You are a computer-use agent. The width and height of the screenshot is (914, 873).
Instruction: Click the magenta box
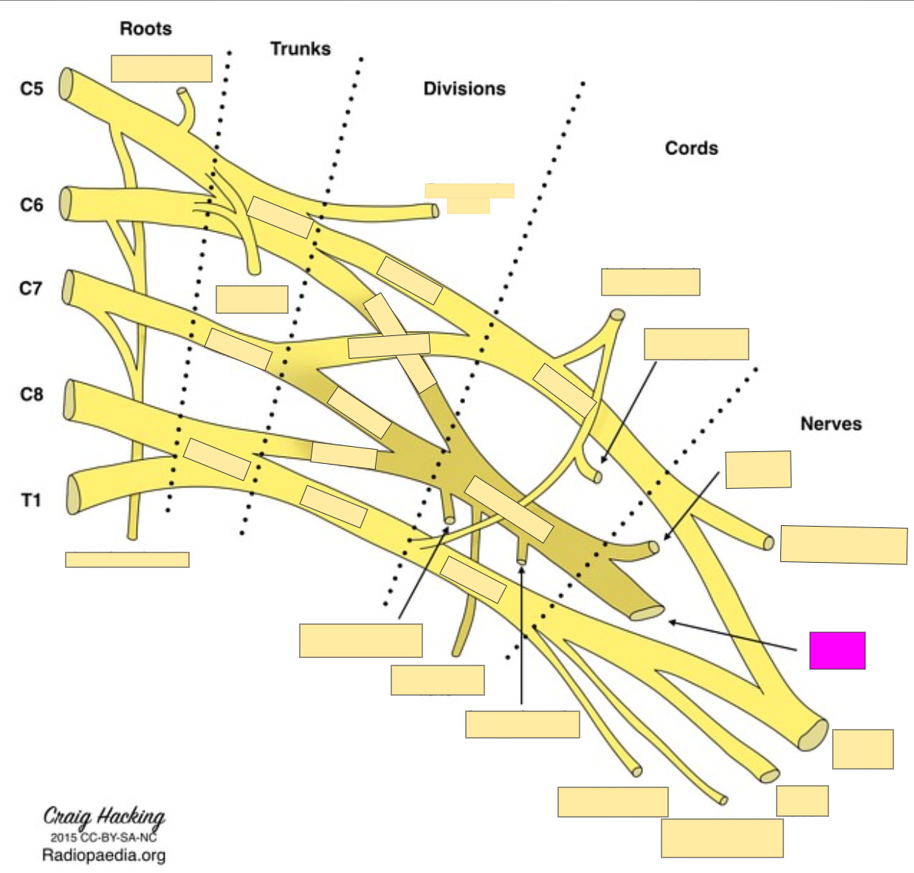(x=837, y=651)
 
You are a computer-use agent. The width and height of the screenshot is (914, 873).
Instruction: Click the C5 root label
(x=32, y=89)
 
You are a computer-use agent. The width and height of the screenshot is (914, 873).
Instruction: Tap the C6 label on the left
(x=32, y=205)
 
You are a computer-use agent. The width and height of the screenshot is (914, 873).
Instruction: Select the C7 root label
(x=31, y=288)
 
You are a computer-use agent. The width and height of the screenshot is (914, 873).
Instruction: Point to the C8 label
(x=32, y=394)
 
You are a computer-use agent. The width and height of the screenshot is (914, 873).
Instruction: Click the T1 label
(x=31, y=500)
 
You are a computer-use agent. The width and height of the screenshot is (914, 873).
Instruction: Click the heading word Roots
(x=145, y=29)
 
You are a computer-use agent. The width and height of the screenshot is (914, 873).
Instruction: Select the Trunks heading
(x=300, y=49)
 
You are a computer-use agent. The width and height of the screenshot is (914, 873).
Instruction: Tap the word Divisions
(x=464, y=89)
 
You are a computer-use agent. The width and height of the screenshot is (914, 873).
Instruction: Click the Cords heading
(x=691, y=148)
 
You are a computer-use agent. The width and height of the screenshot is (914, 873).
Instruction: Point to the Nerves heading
(x=831, y=423)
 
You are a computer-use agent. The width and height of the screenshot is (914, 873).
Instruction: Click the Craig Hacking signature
(x=104, y=817)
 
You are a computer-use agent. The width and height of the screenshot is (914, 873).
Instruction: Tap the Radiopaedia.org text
(x=103, y=855)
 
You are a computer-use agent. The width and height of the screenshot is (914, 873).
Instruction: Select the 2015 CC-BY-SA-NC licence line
(x=103, y=838)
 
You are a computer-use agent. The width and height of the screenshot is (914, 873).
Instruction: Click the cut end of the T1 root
(x=73, y=494)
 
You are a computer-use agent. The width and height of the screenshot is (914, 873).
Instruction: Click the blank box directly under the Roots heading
(x=162, y=69)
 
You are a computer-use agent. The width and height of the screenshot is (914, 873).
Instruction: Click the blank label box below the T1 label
(x=127, y=559)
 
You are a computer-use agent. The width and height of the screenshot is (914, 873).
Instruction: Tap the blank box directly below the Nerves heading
(x=758, y=470)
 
